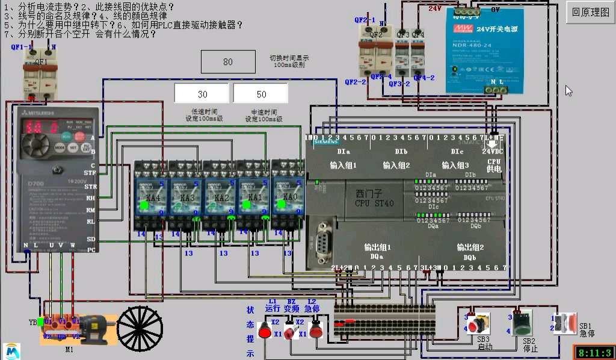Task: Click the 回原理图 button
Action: (590, 12)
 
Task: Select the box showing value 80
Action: (228, 62)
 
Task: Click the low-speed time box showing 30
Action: (202, 94)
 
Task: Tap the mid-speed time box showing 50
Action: (260, 94)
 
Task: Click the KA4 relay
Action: (150, 196)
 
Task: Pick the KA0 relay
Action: (288, 196)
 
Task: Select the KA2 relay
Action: (220, 196)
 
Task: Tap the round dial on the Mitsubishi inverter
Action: (37, 147)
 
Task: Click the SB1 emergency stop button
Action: (566, 323)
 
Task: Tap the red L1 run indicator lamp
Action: (264, 329)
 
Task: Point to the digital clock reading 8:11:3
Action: (594, 352)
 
